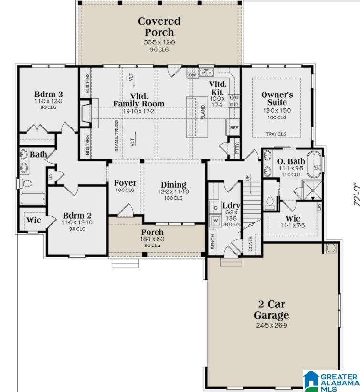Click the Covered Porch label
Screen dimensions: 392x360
click(159, 27)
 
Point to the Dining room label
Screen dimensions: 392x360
click(173, 185)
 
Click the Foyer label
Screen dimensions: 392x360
click(125, 183)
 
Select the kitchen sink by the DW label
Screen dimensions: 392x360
click(206, 73)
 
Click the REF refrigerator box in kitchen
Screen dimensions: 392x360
click(233, 127)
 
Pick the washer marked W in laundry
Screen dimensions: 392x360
click(215, 220)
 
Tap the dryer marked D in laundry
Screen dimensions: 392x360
click(215, 208)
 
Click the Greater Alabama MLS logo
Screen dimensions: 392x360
click(330, 380)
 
